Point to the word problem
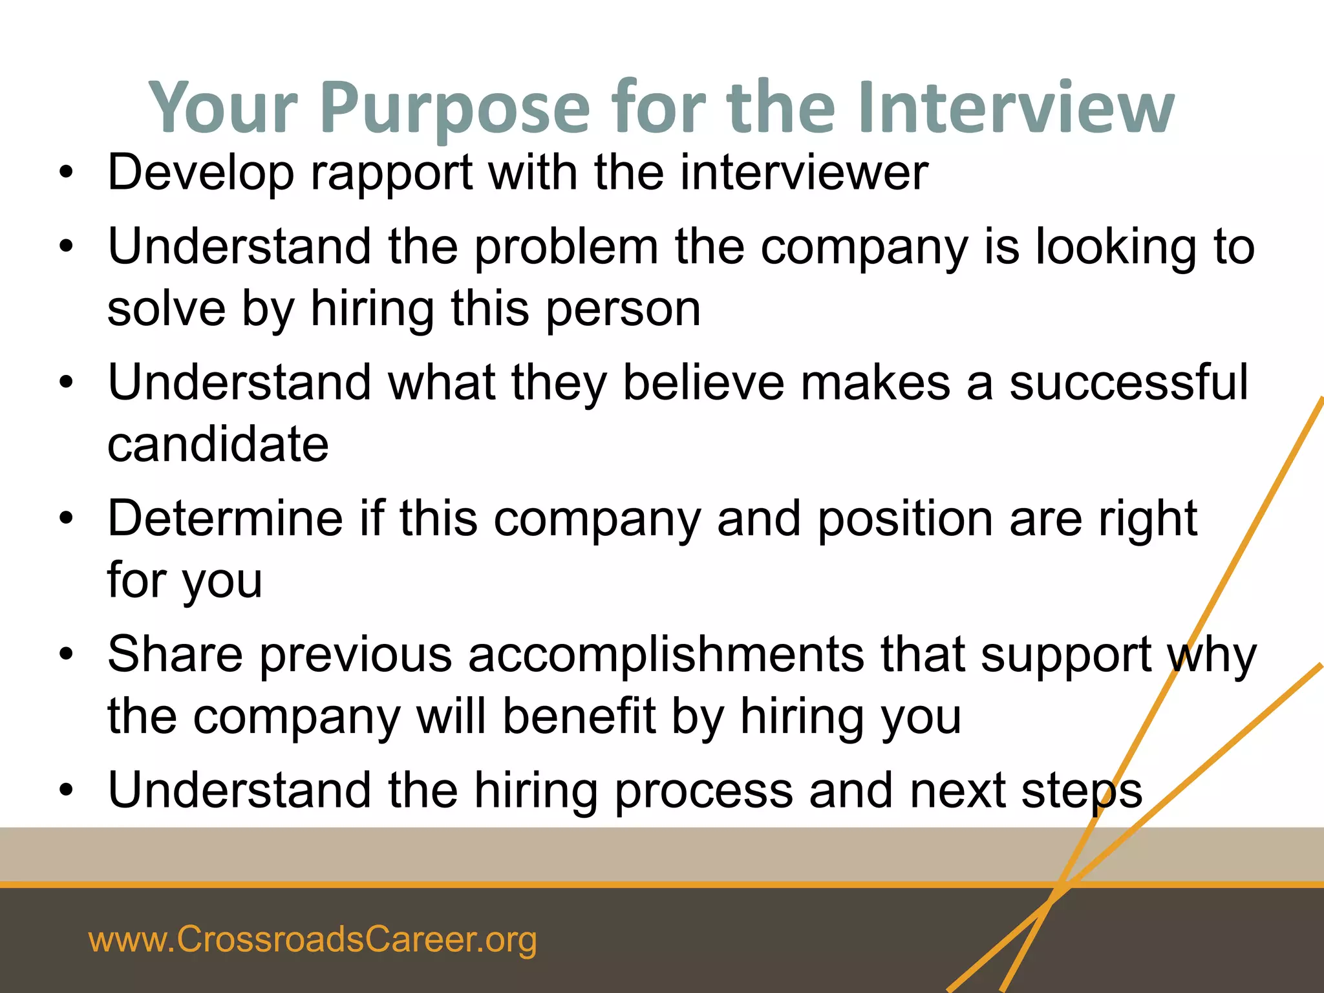[566, 248]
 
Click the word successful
[1129, 383]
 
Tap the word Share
[175, 654]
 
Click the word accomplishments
[666, 656]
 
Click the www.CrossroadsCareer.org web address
[313, 939]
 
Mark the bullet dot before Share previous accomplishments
[66, 654]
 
